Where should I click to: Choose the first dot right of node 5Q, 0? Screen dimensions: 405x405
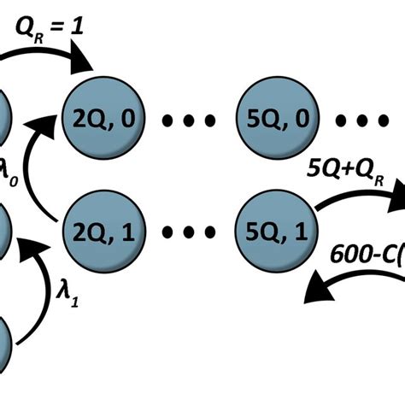(340, 120)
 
